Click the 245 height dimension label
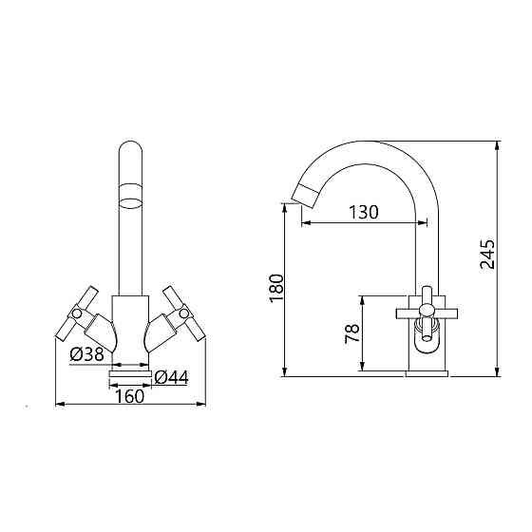click(487, 255)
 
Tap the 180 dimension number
click(276, 289)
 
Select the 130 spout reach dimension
click(363, 213)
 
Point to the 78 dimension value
click(351, 333)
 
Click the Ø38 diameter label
click(86, 354)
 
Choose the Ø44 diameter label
click(171, 377)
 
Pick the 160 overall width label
click(130, 396)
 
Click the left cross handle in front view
click(77, 313)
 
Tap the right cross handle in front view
click(184, 313)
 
